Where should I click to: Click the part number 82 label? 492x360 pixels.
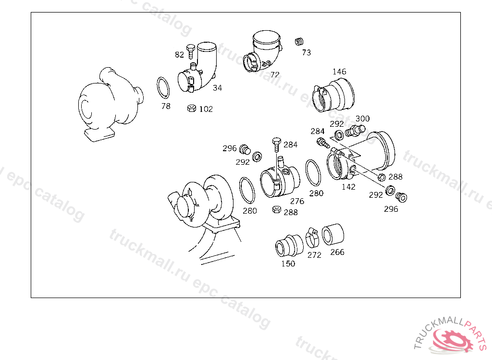point(180,55)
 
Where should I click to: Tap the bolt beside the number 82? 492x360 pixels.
point(191,51)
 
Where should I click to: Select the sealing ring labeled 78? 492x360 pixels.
point(163,87)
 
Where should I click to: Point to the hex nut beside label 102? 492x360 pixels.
point(191,108)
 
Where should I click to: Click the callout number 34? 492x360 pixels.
point(218,88)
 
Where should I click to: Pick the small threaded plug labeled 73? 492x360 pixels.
point(299,41)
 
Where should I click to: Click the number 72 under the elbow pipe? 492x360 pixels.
point(275,74)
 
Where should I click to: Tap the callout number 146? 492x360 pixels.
point(339,72)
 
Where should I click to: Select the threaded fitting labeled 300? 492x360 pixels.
point(355,131)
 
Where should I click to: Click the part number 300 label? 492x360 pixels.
point(362,119)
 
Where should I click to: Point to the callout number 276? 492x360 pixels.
point(297,201)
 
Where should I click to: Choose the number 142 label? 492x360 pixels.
point(348,187)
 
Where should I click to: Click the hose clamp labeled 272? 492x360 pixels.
point(312,238)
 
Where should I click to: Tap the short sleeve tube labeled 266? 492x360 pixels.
point(332,234)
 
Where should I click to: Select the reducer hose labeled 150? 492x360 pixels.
point(289,246)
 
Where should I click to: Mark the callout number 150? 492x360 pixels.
point(288,264)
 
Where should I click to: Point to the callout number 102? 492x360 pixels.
point(206,109)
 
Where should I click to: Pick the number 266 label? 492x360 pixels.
point(337,252)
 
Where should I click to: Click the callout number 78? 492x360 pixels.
point(166,106)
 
